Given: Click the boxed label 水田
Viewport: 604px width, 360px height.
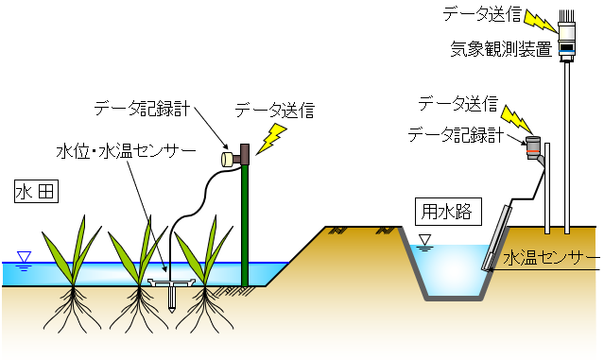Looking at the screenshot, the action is coord(36,191).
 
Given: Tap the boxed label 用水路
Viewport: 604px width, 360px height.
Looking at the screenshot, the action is coord(448,212).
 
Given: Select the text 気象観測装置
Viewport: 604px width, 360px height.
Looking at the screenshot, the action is coord(502,49).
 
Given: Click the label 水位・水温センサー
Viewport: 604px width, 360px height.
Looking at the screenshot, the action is coord(127,151).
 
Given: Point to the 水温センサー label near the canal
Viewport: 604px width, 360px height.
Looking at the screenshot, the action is coord(551,258).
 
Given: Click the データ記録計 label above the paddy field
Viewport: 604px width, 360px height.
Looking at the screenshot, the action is coord(142,109).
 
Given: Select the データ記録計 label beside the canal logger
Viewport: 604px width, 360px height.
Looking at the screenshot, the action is coord(456,135).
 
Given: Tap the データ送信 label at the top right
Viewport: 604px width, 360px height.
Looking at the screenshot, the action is coord(482,14).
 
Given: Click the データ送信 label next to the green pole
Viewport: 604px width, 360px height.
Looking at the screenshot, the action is coord(275,111).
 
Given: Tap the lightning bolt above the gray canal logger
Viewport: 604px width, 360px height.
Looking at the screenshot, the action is coord(517,120).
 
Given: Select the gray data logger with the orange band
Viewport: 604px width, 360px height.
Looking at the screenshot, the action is coord(533,147).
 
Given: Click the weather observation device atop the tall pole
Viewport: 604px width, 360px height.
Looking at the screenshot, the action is coord(567,38).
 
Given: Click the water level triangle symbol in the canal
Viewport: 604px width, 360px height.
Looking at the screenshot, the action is coord(425,243).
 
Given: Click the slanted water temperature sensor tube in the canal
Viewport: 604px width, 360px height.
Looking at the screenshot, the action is coord(496,238).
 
